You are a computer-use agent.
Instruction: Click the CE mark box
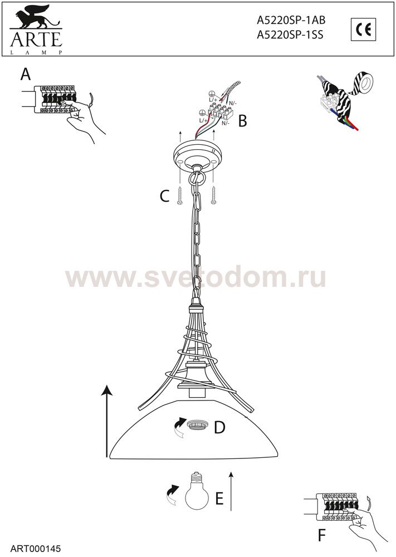click(363, 29)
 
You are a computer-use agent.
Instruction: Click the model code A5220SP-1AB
click(291, 21)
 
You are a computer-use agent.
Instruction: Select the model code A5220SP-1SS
click(290, 35)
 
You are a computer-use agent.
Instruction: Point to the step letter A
click(26, 75)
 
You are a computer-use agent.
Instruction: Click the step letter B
click(243, 121)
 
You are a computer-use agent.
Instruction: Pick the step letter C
click(164, 196)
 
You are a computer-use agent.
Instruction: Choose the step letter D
click(219, 427)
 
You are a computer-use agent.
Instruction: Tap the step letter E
click(219, 499)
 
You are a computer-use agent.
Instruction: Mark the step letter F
click(322, 536)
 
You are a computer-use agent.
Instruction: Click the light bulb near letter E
click(197, 491)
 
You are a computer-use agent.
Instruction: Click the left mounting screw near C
click(180, 195)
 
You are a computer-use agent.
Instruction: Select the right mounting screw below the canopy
click(213, 195)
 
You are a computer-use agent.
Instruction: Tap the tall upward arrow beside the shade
click(106, 421)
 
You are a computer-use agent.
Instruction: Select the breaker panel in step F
click(336, 507)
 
